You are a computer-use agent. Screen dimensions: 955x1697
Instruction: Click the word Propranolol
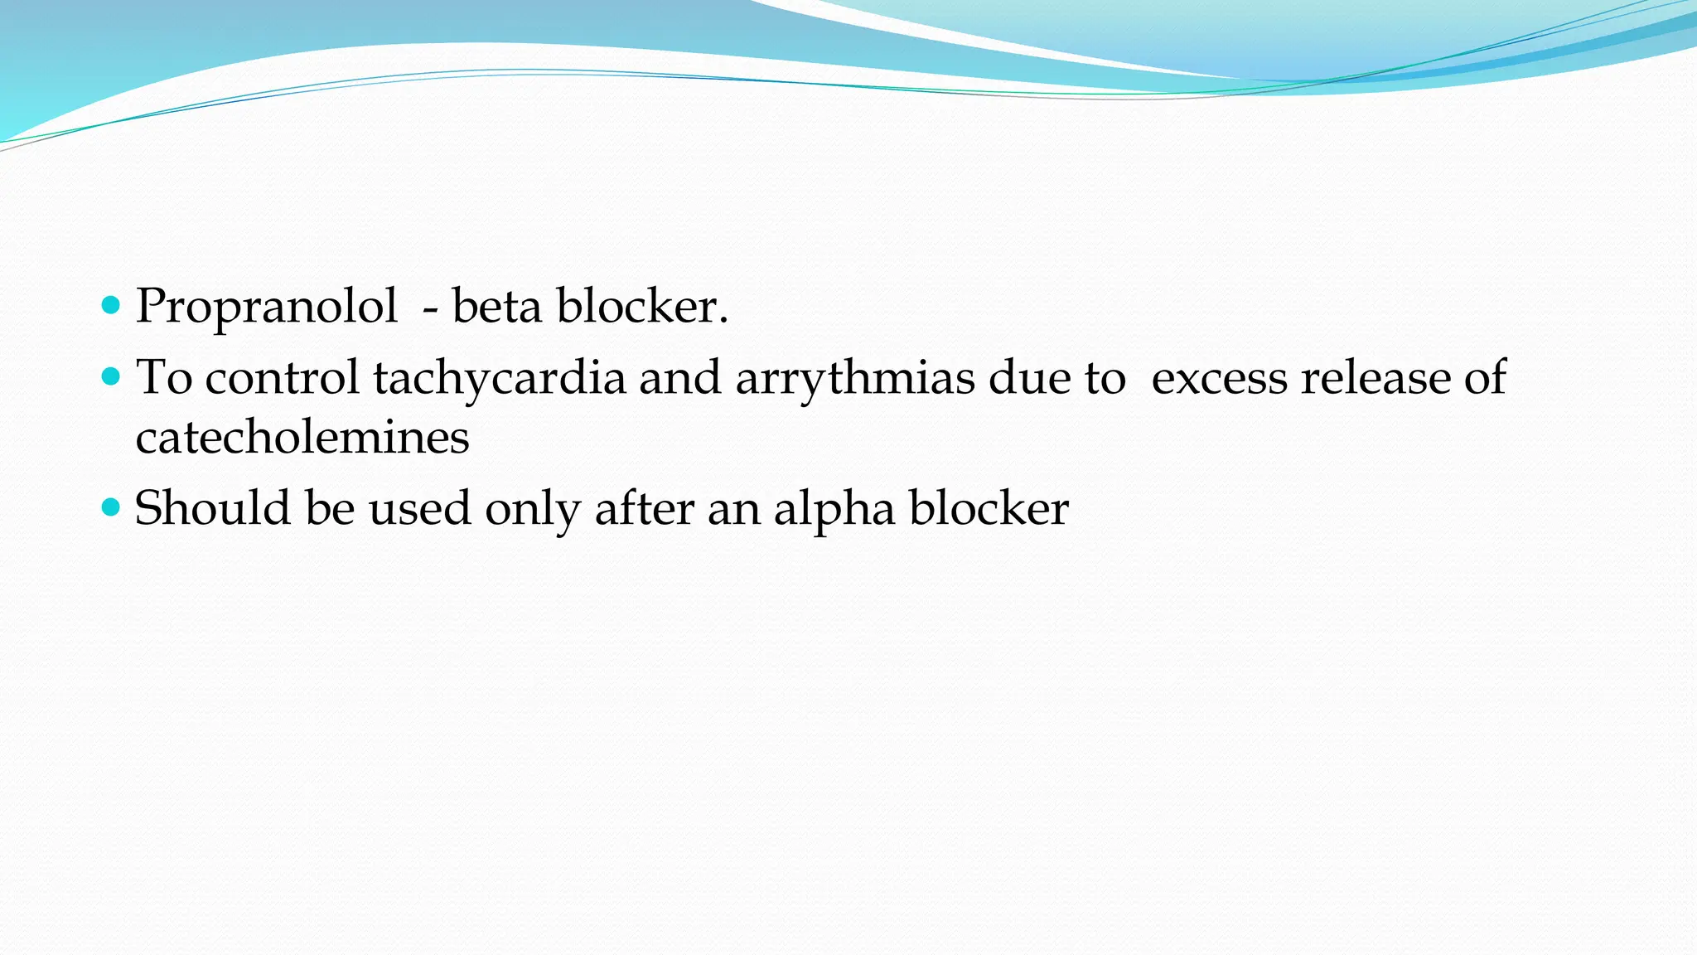pos(266,307)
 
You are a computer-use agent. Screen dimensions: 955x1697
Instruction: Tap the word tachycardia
pos(499,378)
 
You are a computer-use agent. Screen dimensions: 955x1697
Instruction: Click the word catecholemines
pos(302,438)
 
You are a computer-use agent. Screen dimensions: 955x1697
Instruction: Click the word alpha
pos(834,509)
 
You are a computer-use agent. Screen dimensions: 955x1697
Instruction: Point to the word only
pos(532,509)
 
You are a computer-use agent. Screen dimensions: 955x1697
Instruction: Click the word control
pos(282,378)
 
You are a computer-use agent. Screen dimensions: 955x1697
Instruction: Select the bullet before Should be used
pos(110,507)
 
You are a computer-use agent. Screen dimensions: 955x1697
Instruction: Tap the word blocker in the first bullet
pos(641,306)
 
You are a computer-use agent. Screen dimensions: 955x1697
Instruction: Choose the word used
pos(419,508)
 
